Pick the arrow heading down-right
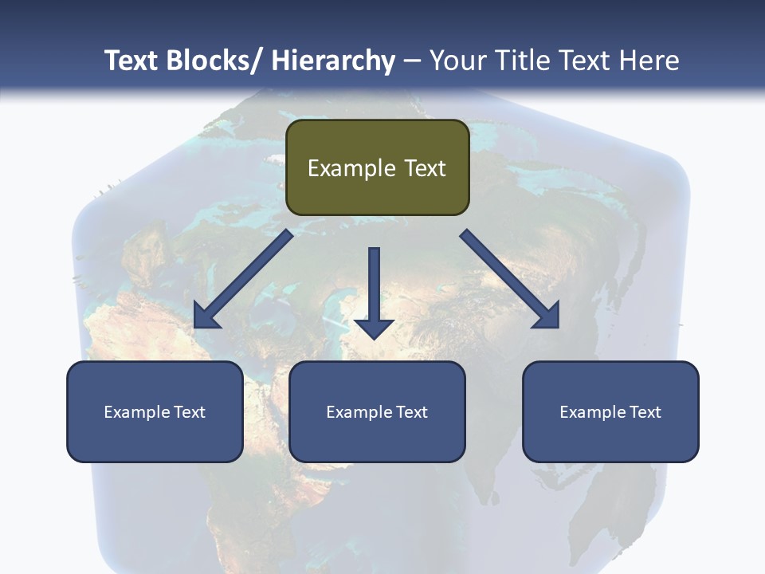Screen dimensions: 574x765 pos(506,276)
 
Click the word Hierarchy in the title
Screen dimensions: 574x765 pos(333,61)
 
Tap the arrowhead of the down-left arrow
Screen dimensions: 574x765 pos(206,316)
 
